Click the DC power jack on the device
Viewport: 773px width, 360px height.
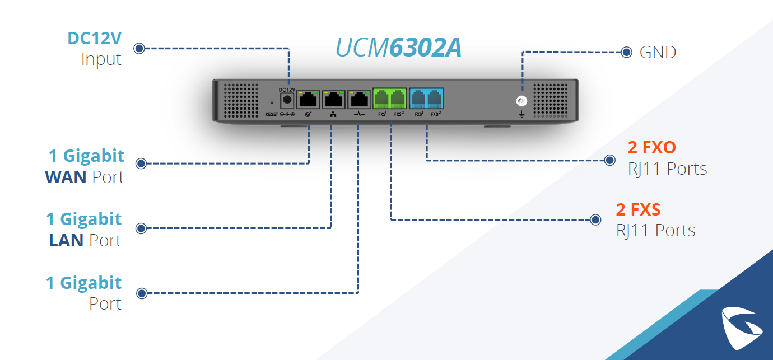click(287, 100)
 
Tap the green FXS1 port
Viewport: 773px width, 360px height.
click(381, 99)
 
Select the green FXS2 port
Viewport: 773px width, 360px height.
click(398, 99)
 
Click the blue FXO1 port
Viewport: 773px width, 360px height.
click(418, 99)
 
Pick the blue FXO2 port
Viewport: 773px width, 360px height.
click(435, 99)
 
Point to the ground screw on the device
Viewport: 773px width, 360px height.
click(522, 101)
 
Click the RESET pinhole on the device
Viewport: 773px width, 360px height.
click(272, 102)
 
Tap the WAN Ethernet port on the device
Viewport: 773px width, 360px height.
click(309, 100)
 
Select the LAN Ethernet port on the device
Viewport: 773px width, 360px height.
click(333, 100)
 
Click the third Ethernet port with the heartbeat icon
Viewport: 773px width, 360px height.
click(358, 100)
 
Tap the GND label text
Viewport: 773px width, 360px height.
click(658, 53)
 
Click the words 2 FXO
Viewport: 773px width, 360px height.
click(651, 148)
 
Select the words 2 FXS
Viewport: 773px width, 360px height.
click(638, 210)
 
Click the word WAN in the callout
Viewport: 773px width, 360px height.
click(66, 177)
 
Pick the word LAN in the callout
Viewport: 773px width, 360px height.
click(66, 241)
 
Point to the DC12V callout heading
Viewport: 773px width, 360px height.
click(95, 39)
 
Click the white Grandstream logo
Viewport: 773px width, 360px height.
click(742, 328)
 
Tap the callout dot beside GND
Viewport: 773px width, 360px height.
click(627, 53)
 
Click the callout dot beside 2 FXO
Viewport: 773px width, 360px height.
click(610, 161)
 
